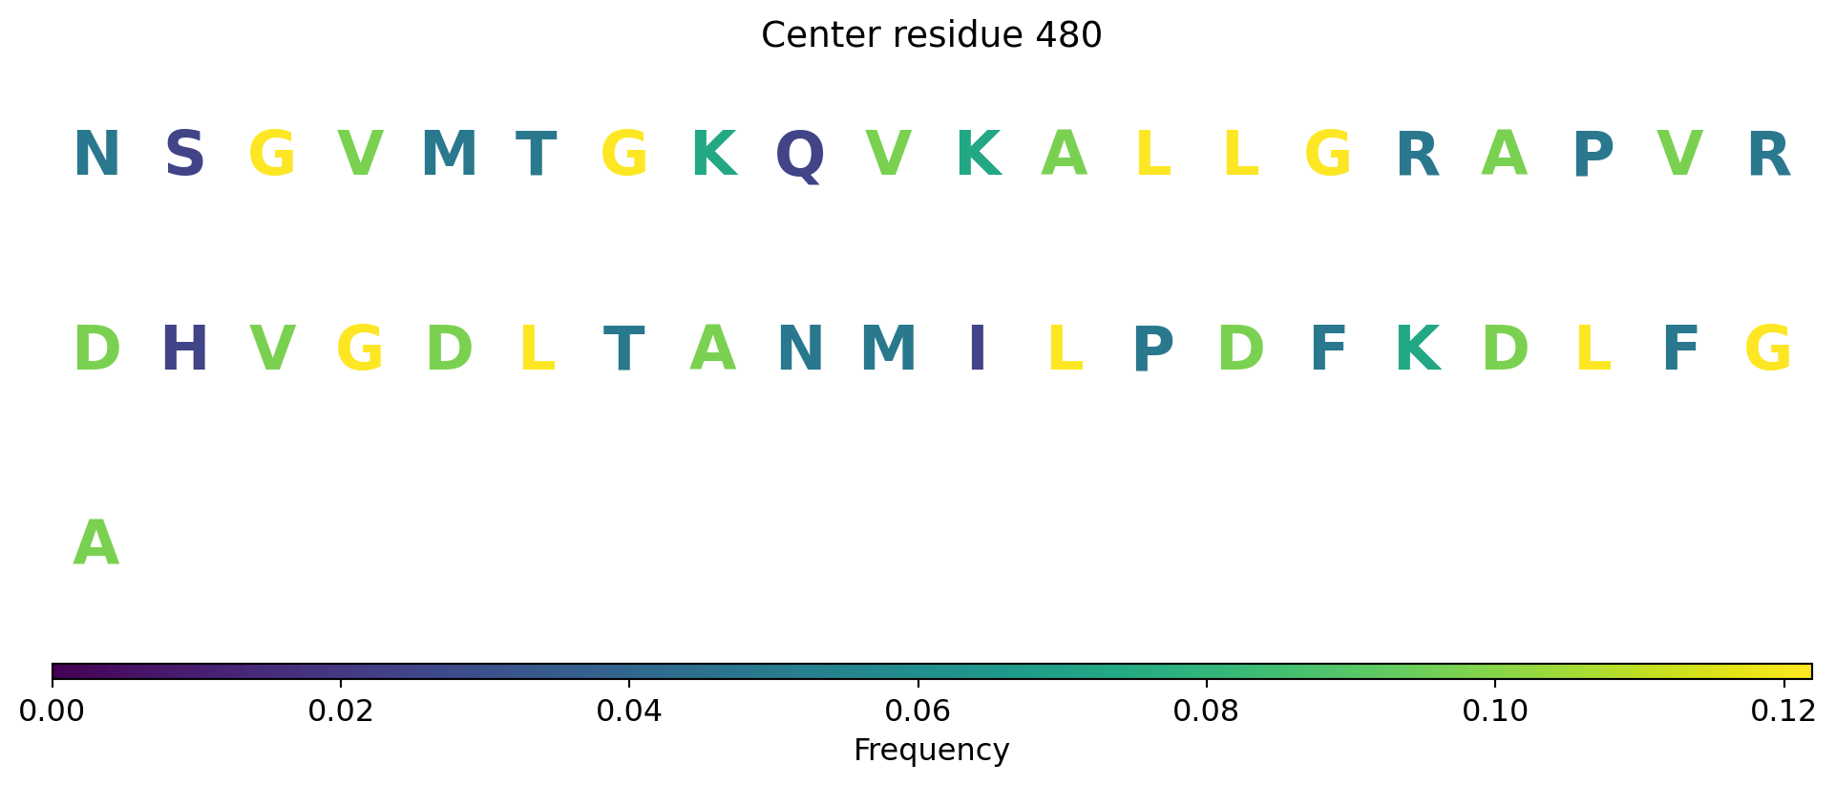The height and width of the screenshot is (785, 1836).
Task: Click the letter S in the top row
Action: coord(184,155)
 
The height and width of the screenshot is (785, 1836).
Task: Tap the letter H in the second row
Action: coord(184,350)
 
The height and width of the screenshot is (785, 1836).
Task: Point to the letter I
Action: coord(977,350)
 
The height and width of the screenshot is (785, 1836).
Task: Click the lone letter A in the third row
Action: coord(96,544)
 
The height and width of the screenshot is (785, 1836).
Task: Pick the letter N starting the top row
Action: coord(96,155)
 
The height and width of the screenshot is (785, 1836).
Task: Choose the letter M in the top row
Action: coord(449,155)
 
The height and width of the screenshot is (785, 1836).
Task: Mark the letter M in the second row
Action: coord(889,350)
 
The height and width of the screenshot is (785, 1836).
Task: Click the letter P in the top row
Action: coord(1593,155)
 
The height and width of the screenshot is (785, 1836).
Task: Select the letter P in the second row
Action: coord(1152,350)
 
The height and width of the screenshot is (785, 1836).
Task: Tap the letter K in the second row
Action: coord(1417,350)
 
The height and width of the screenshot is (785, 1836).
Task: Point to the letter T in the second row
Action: coord(624,350)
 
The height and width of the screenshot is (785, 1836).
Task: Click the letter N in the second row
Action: coord(800,350)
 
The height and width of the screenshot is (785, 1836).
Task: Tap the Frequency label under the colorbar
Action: coord(932,750)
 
